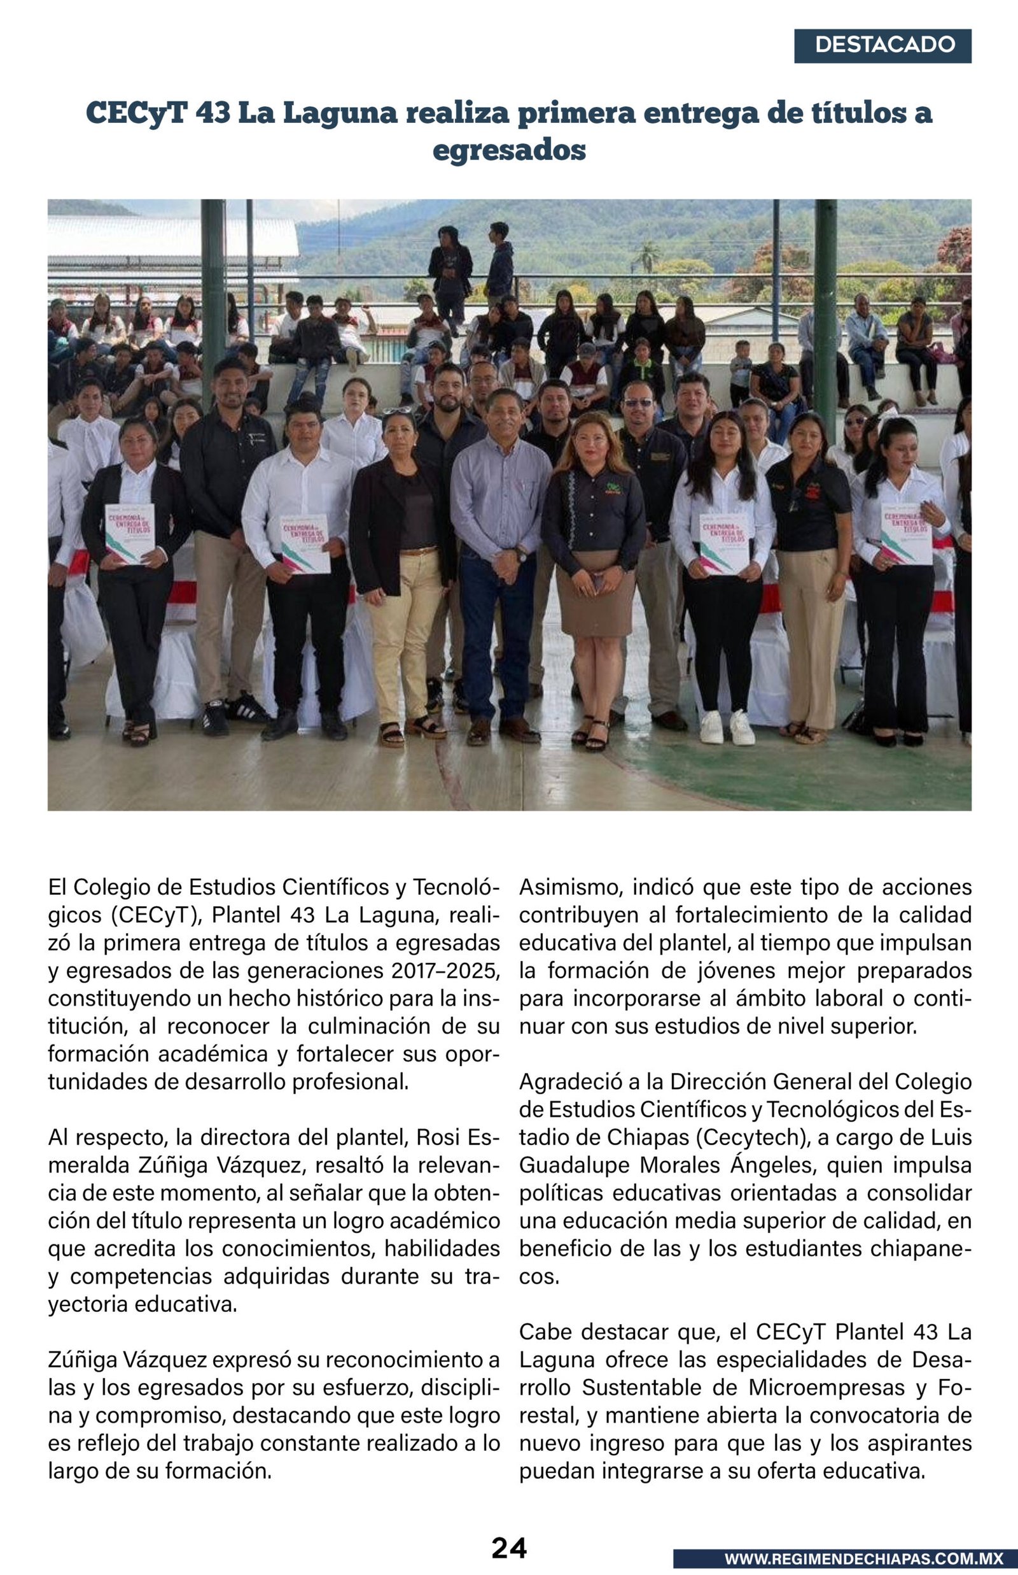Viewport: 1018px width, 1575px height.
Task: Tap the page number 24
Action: click(x=509, y=1547)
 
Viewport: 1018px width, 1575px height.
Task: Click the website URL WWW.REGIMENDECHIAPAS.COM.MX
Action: click(x=863, y=1558)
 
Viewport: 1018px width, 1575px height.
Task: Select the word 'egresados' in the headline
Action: click(x=509, y=150)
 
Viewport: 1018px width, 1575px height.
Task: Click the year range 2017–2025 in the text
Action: click(x=444, y=971)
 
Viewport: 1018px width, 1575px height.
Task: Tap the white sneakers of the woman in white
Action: click(x=727, y=728)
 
